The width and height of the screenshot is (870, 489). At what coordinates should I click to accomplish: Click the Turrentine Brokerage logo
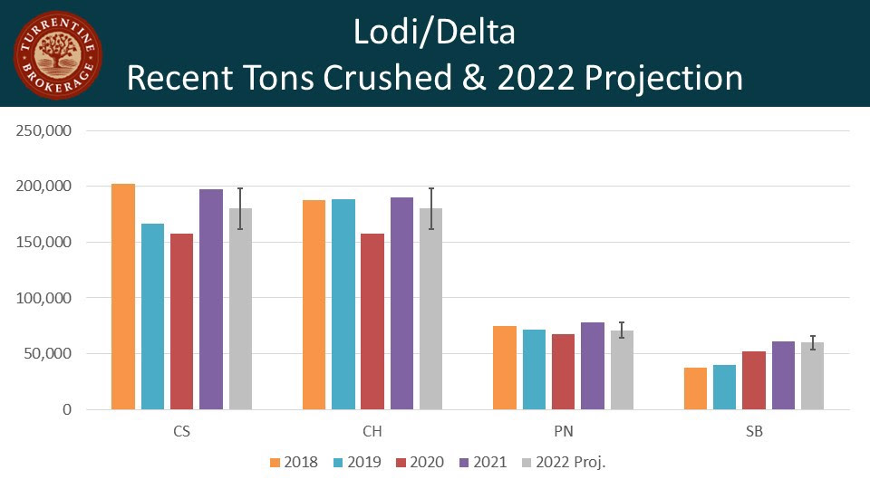coord(57,54)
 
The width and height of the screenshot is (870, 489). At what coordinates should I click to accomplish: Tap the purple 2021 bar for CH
coord(401,303)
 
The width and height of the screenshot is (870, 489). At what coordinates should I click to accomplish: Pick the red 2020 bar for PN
coord(563,371)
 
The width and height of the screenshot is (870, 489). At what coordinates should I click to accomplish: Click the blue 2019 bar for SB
coord(725,387)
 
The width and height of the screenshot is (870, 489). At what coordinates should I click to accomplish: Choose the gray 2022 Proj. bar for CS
coord(240,309)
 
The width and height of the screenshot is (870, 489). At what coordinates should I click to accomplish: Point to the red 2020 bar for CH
coord(372,321)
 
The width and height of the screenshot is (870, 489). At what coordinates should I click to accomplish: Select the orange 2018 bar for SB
coord(696,388)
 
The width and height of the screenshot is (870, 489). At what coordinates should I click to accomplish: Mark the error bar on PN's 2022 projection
coord(622,330)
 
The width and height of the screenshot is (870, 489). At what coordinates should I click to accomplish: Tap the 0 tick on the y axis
coord(66,409)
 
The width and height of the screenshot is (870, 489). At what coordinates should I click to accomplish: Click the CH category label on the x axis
coord(372,432)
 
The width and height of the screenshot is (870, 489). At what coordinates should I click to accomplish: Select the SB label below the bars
coord(754,432)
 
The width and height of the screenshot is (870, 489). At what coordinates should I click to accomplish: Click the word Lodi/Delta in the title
coord(434,33)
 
